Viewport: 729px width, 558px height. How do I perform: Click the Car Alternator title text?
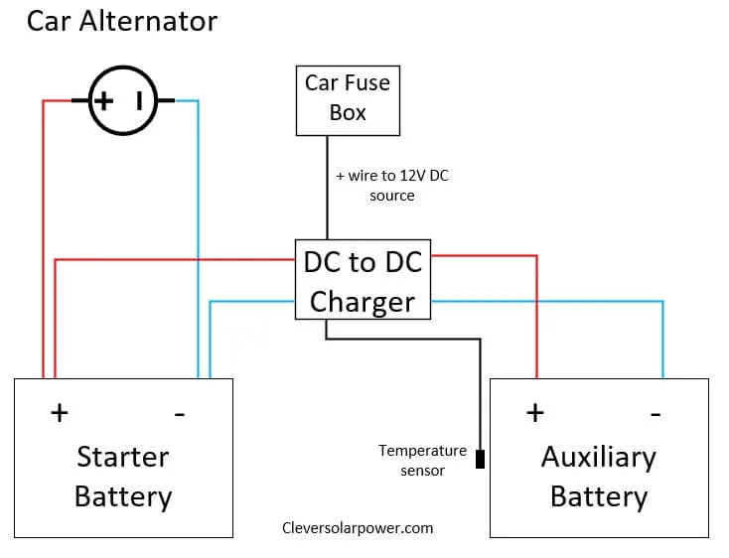121,22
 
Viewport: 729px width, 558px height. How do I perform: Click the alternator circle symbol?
123,100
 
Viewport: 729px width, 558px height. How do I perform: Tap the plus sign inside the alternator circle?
104,100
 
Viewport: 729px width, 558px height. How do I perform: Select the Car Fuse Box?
348,100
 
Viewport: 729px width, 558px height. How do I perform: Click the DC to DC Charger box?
363,280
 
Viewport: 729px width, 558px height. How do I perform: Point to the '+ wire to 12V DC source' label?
392,186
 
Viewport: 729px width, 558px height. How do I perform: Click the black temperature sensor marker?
481,460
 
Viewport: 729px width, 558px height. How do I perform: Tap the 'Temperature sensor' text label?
422,460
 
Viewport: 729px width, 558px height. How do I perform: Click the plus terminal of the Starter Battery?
60,412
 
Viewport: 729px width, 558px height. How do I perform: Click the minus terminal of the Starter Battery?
179,413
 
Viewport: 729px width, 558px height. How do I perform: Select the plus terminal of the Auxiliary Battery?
534,412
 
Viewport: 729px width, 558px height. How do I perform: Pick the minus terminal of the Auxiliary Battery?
656,412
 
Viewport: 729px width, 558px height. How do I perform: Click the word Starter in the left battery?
122,457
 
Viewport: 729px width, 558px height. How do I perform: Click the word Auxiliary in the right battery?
598,457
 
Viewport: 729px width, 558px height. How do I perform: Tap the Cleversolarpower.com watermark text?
358,528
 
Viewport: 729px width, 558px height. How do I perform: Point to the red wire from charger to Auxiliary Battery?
536,318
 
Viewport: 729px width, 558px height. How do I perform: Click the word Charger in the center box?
363,301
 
